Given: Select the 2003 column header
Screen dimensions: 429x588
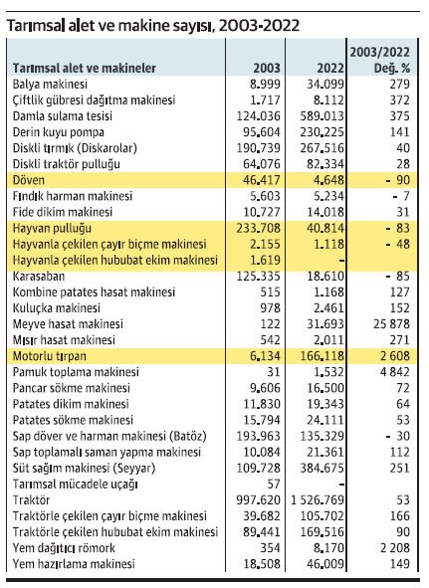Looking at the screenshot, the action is (x=267, y=69).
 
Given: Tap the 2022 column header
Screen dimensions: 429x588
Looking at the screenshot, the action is (x=330, y=69).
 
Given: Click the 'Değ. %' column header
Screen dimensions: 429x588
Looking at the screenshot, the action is (x=392, y=69).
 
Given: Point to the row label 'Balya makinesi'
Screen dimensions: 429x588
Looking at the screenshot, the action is (x=50, y=84).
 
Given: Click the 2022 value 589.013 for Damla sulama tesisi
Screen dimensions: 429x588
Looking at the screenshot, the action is (x=322, y=115).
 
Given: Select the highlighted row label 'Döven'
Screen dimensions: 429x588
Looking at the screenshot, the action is (x=29, y=180).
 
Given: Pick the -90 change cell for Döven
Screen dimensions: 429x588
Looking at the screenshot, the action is (x=398, y=180).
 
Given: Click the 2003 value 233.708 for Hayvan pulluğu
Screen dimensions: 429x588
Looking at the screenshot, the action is (x=258, y=228).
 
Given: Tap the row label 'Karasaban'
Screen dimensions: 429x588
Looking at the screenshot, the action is (x=39, y=277).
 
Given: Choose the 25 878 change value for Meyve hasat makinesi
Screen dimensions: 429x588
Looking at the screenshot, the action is (x=391, y=324).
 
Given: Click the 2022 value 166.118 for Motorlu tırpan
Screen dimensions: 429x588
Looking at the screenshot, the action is (x=322, y=356).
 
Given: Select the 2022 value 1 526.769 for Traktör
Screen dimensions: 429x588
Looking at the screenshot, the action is (x=318, y=500).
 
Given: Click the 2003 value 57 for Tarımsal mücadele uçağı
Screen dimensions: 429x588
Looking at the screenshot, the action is (x=274, y=485).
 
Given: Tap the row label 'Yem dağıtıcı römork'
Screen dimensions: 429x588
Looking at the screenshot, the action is (x=64, y=548).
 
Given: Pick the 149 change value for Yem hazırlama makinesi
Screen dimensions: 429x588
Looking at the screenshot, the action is (x=400, y=564).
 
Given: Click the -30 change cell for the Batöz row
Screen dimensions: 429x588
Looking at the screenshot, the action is (x=398, y=436).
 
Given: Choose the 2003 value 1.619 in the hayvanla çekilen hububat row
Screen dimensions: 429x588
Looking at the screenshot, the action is (x=265, y=261).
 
